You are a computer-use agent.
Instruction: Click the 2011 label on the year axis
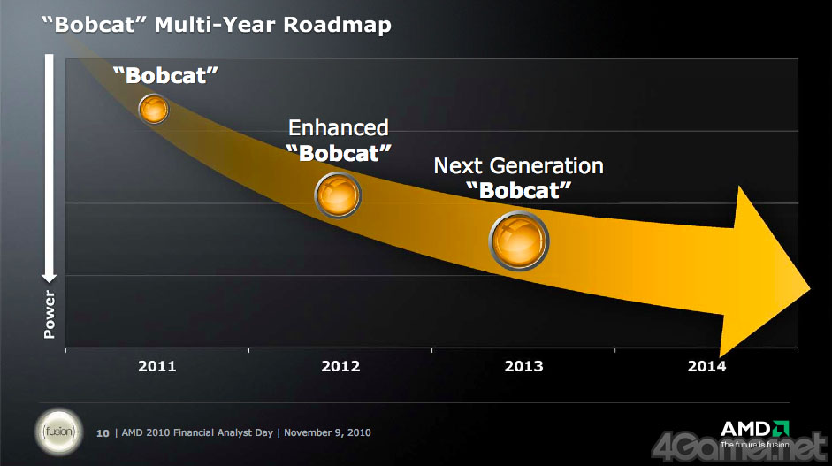point(157,366)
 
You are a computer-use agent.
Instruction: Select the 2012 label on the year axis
point(341,366)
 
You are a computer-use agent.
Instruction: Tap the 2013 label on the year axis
point(524,366)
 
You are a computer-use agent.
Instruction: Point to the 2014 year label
point(706,366)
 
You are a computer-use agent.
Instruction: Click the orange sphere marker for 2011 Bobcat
point(154,109)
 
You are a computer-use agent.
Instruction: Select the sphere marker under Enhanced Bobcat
point(339,194)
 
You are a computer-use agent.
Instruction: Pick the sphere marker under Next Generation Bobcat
point(519,240)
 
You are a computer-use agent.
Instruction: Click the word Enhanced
point(339,128)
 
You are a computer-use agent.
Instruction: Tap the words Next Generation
point(518,165)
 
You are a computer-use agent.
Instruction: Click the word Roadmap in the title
point(337,24)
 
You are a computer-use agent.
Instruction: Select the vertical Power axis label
point(50,315)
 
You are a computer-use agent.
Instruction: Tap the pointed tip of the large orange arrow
point(812,289)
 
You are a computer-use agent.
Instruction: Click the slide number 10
point(103,433)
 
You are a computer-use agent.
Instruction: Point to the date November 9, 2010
point(328,433)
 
